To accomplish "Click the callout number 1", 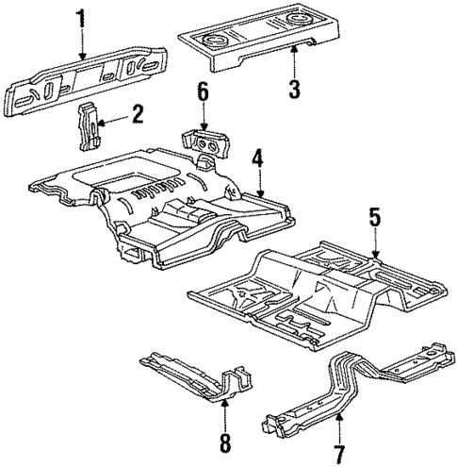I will [x=80, y=16].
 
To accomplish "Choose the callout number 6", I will [x=200, y=92].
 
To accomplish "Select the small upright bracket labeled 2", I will [x=89, y=125].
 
